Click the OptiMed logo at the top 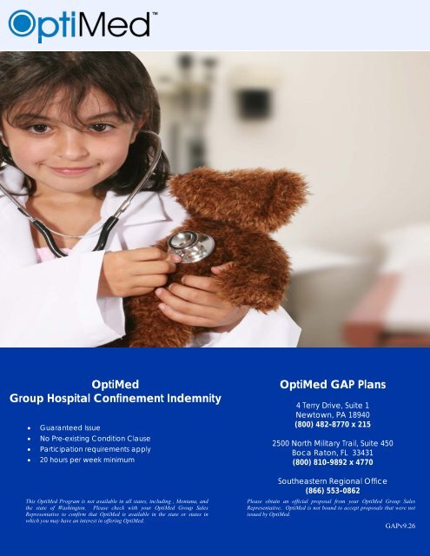point(83,23)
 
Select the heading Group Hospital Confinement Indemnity point(116,399)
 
